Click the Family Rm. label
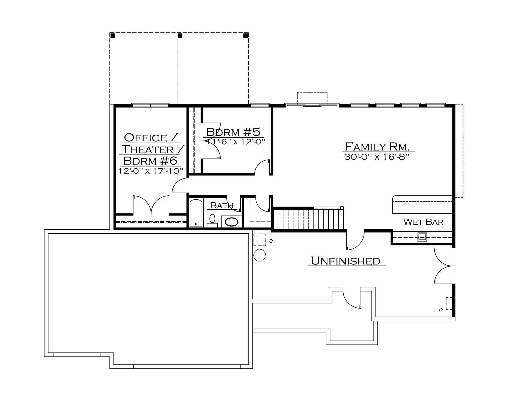click(x=377, y=147)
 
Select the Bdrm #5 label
click(x=233, y=132)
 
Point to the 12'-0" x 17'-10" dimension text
click(x=151, y=171)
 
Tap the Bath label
click(x=222, y=205)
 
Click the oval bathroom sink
click(x=231, y=222)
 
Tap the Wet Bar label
click(x=423, y=222)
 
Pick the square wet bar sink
click(x=422, y=237)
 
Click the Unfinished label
click(x=346, y=261)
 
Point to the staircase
click(x=308, y=219)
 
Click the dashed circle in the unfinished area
click(x=260, y=255)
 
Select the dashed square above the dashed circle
click(x=260, y=240)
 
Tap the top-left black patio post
click(x=113, y=35)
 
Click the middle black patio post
click(x=180, y=35)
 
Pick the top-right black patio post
click(x=246, y=35)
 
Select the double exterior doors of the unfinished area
click(x=445, y=266)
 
